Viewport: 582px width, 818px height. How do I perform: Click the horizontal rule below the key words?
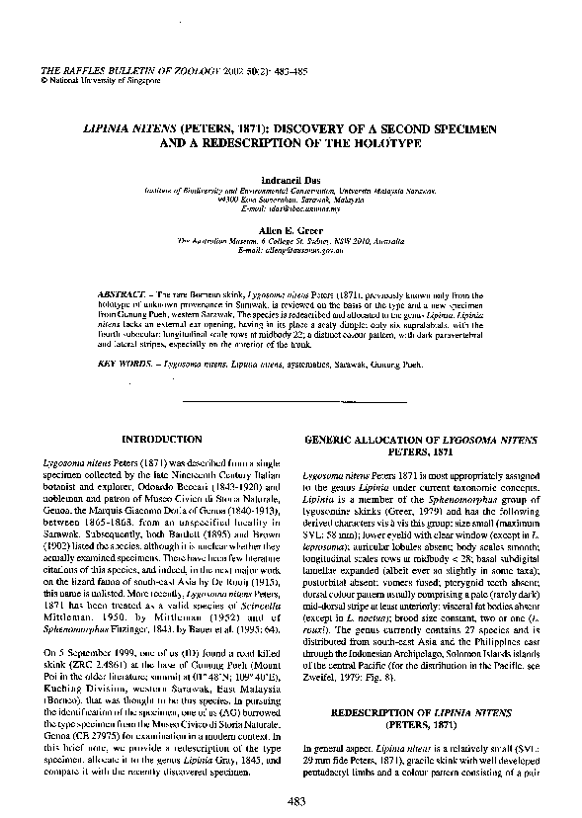click(x=291, y=401)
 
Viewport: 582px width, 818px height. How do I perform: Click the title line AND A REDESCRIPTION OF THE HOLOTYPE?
click(x=291, y=144)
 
